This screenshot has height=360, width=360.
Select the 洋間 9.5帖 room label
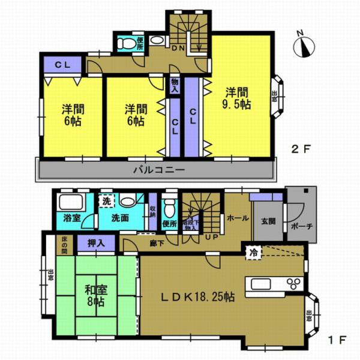pos(238,98)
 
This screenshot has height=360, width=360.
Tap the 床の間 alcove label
pos(64,245)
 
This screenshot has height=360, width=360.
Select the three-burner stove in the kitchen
pos(294,284)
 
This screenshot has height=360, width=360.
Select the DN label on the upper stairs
pos(178,47)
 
